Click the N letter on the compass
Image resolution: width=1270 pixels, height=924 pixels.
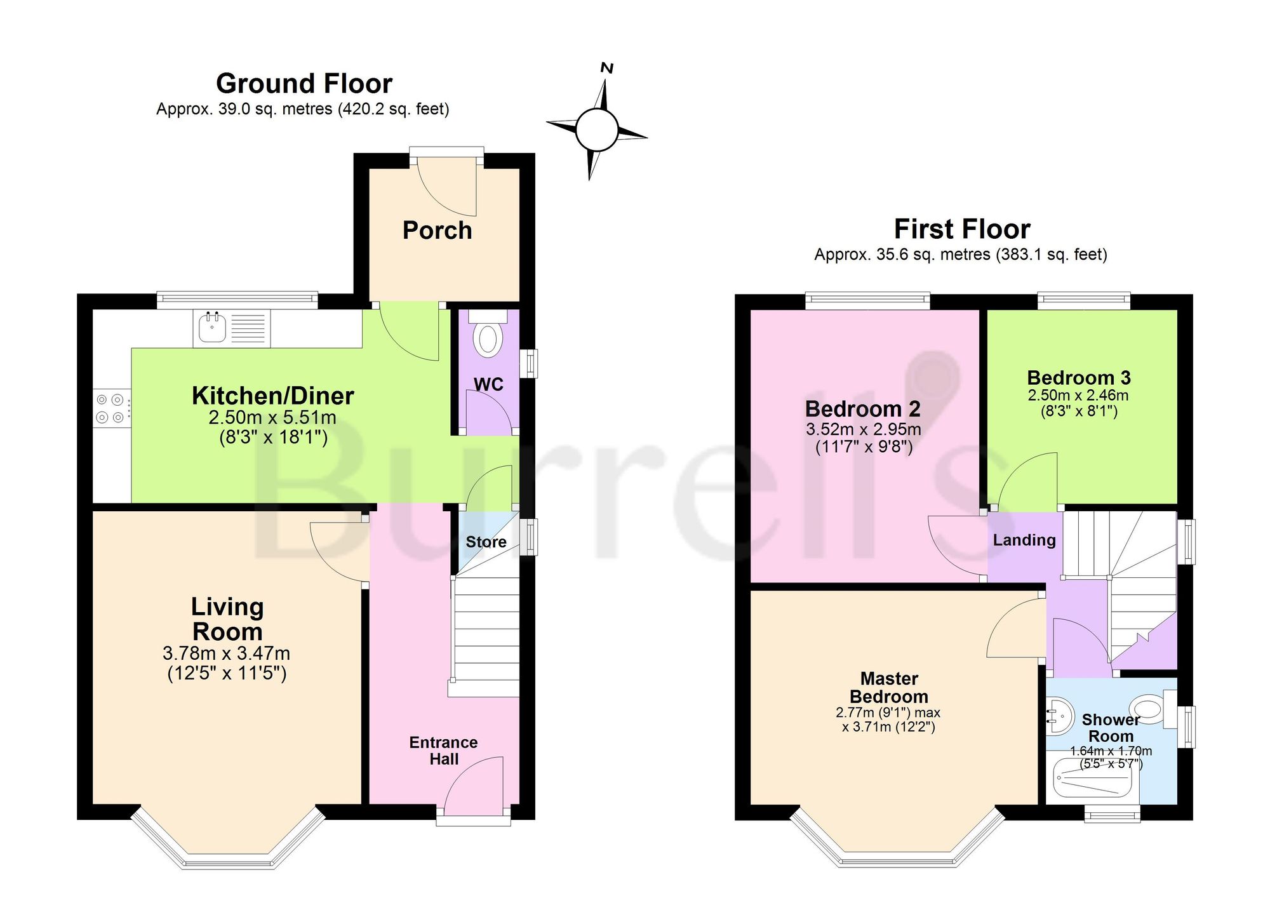click(607, 68)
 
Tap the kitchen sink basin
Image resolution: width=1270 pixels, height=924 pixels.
click(212, 328)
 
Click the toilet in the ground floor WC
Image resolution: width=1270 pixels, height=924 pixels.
click(488, 334)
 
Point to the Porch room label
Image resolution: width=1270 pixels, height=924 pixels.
click(438, 230)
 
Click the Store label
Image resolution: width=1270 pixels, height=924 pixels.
click(486, 542)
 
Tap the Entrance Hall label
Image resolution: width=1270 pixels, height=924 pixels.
click(443, 751)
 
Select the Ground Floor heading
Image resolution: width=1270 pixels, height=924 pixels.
click(304, 83)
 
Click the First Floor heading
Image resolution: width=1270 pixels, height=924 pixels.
click(962, 229)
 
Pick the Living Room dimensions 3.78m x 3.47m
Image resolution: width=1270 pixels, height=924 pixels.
click(227, 653)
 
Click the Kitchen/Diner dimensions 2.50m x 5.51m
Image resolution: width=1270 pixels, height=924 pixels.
click(272, 417)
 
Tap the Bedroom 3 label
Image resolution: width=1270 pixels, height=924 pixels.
click(1079, 378)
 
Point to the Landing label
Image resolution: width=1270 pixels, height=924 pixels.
click(1024, 540)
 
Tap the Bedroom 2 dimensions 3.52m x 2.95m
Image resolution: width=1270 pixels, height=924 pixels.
click(864, 429)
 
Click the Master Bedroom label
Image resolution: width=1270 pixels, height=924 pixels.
click(889, 688)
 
